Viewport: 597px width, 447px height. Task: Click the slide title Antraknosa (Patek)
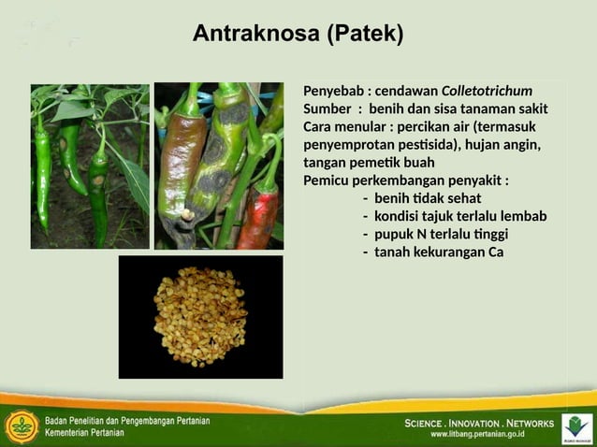click(298, 35)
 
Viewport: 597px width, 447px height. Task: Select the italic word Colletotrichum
click(487, 91)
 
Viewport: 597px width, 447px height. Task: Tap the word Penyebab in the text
click(333, 91)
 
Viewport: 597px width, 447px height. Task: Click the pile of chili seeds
click(200, 317)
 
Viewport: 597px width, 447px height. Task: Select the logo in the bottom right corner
click(576, 426)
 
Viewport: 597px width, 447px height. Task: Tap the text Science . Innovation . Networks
click(479, 423)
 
